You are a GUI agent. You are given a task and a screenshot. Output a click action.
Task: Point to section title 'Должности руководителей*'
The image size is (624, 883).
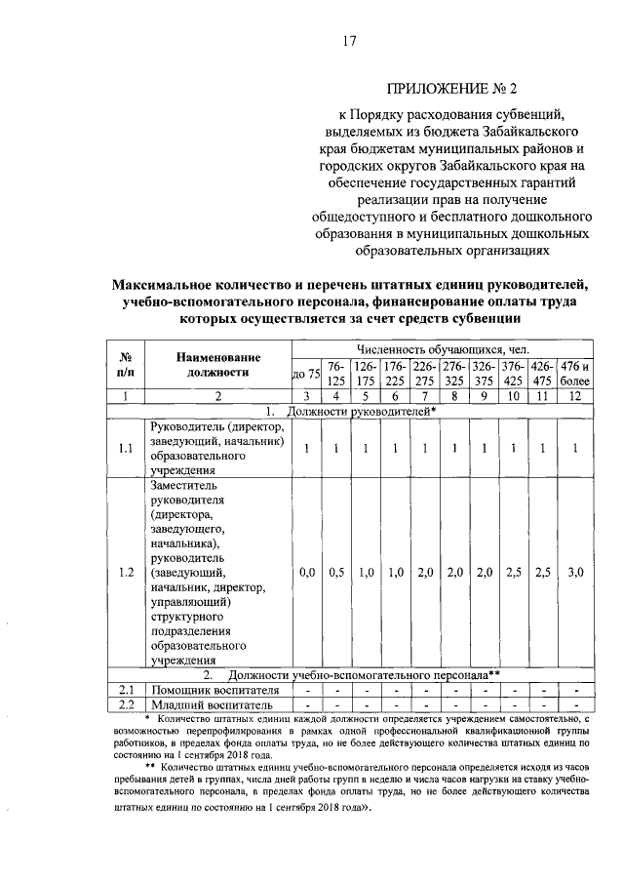[x=349, y=411]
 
